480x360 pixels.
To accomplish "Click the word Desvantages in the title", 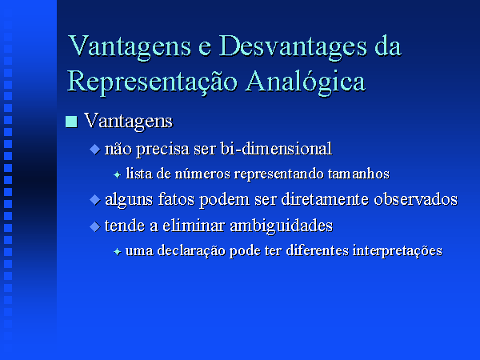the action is [294, 47].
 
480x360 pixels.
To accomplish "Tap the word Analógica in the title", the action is [306, 82].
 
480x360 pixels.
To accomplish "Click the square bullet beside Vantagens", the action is [71, 122].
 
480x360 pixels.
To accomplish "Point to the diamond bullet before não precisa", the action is [95, 150].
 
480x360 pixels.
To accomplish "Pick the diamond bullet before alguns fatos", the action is [95, 200].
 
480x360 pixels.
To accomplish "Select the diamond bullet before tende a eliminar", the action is [95, 226].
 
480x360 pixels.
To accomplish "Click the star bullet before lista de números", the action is [118, 174].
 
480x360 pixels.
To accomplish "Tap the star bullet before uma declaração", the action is [118, 252].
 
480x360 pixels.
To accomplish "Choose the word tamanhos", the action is [358, 174].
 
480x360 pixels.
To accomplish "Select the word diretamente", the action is [325, 199].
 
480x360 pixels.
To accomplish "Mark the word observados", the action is [416, 199].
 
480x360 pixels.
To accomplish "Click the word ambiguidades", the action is [281, 226].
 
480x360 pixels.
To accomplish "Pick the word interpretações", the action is [398, 251].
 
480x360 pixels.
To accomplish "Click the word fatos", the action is [176, 199].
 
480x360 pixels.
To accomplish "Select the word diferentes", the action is [318, 250].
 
